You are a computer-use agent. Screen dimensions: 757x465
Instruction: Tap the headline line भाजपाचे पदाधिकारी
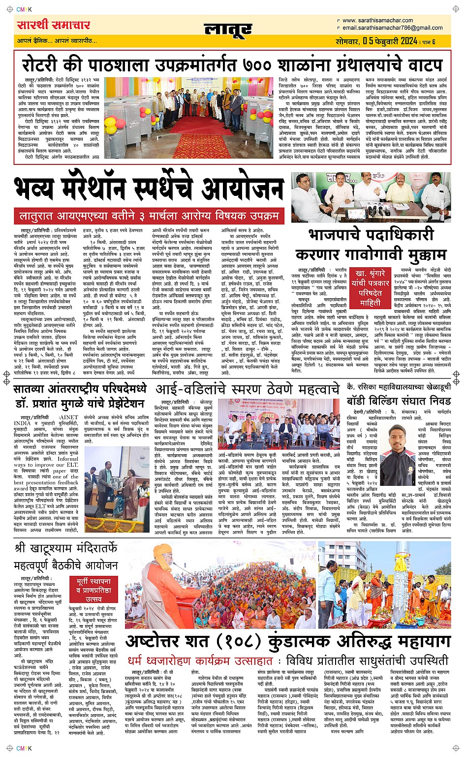pos(371,235)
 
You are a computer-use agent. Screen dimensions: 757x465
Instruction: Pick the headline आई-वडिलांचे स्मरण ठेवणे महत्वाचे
pos(248,388)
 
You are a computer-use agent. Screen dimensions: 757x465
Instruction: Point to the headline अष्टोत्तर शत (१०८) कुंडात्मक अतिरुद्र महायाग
pos(288,642)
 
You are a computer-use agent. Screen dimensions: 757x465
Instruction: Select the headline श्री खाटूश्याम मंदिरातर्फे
pos(66,548)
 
